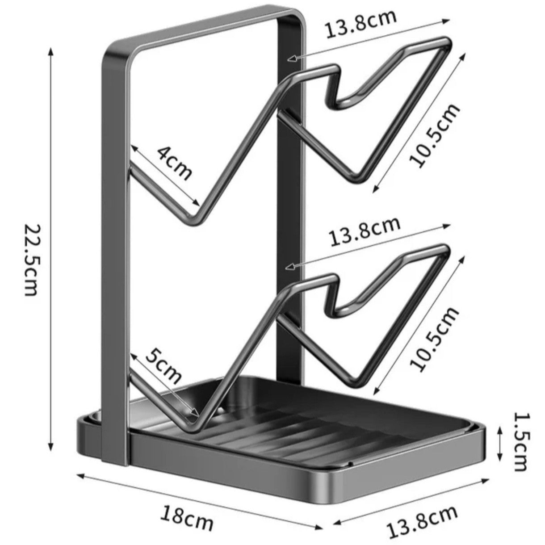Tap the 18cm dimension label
pyautogui.click(x=187, y=517)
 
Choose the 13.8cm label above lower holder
pyautogui.click(x=365, y=231)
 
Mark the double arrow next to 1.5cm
pyautogui.click(x=499, y=442)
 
